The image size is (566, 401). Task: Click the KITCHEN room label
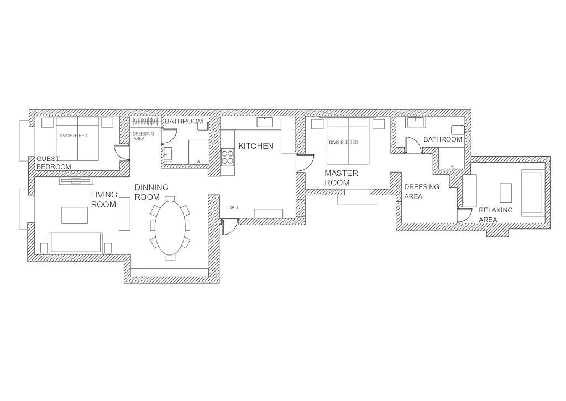coord(256,146)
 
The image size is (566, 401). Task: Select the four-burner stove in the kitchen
coord(227,157)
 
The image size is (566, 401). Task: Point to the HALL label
coord(234,207)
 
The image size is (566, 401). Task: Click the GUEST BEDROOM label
coord(54,163)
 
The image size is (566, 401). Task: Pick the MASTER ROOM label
coord(341,178)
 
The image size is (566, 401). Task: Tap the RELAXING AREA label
coord(496,215)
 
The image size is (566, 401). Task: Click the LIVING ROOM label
coord(104,200)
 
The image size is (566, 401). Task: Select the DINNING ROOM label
coord(151,192)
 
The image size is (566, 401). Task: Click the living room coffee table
coord(75,215)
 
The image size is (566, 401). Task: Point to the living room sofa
coord(76,242)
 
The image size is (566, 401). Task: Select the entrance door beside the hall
coord(229,227)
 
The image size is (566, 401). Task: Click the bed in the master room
coord(348,140)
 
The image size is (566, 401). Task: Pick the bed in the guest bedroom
coord(77,139)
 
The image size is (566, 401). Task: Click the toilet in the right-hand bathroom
coord(457,129)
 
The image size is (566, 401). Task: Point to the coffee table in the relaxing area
coord(506,193)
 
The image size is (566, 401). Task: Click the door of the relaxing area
coord(464,215)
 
